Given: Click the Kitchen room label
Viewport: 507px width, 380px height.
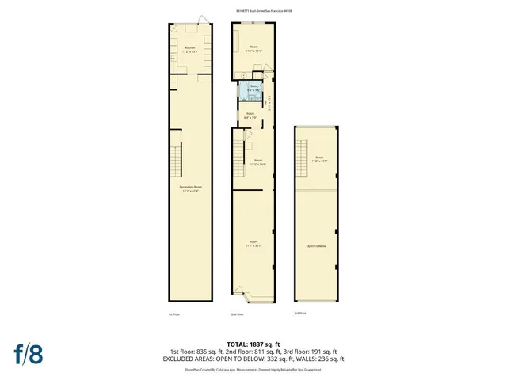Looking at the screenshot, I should (190, 49).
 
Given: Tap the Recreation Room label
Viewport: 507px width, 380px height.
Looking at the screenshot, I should (190, 189).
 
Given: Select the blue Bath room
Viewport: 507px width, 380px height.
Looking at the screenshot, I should (252, 90).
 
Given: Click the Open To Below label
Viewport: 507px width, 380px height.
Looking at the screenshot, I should (315, 246).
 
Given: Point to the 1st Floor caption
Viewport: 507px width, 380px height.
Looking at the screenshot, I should (173, 314).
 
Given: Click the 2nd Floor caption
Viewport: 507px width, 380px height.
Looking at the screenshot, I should (236, 314).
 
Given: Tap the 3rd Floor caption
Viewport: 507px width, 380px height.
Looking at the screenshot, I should (299, 313).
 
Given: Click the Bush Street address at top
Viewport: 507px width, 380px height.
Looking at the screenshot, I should (253, 11).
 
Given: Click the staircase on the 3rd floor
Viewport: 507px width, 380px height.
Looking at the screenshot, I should (302, 158).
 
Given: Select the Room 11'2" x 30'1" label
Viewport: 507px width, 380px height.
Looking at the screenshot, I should (253, 243).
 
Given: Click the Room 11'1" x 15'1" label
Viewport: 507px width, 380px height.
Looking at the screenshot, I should (253, 49).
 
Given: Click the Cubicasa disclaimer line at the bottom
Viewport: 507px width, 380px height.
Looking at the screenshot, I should (253, 369).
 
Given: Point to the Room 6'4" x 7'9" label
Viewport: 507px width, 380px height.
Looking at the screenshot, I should (250, 116).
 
